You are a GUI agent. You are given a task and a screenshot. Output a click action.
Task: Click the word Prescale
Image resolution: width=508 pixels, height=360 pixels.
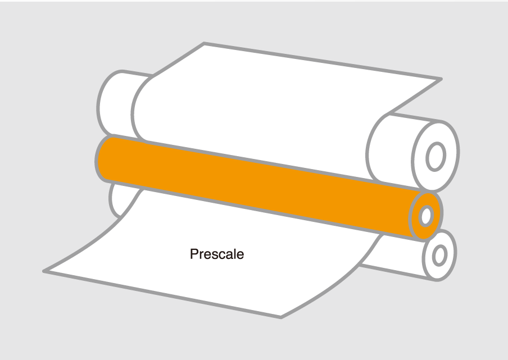(x=217, y=254)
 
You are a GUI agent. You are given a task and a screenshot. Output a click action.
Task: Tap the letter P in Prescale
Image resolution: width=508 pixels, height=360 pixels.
(x=194, y=254)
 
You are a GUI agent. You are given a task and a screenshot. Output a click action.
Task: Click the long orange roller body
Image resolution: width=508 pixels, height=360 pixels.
(x=259, y=188)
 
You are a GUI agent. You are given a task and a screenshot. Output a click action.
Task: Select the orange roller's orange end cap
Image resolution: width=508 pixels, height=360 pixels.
(x=426, y=216)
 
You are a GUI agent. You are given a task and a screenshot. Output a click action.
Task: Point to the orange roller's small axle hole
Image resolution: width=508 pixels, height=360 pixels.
(x=427, y=216)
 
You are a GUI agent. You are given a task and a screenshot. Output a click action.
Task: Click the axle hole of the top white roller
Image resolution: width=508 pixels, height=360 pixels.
(x=436, y=157)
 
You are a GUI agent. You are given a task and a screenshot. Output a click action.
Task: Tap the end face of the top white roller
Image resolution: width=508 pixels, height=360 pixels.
(x=436, y=156)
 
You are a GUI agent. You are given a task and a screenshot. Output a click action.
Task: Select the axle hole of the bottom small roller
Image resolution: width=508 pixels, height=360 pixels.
(x=439, y=256)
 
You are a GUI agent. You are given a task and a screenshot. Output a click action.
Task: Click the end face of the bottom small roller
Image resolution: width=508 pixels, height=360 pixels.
(x=440, y=255)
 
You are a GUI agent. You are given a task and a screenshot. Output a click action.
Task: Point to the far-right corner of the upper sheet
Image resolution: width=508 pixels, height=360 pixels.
(x=441, y=79)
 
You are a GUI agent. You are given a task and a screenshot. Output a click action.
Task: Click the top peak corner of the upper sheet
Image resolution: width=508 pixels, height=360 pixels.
(x=204, y=43)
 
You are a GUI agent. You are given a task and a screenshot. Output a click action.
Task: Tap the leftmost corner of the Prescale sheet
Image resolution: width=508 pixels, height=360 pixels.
(x=44, y=271)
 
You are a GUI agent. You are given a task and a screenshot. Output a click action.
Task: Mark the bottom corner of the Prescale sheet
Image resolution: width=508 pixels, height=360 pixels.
(x=281, y=317)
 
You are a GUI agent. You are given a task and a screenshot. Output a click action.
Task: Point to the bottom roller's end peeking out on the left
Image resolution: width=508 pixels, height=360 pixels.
(x=115, y=199)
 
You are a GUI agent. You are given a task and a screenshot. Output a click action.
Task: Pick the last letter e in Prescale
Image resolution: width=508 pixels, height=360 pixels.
(x=241, y=256)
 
